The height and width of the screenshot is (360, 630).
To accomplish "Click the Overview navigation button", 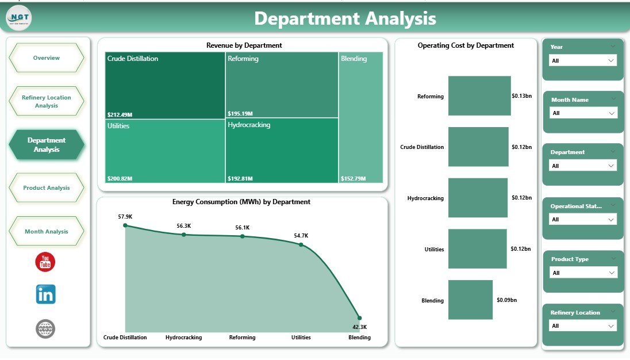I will pos(47,58).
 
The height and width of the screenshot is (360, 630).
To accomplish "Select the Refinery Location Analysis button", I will pos(47,101).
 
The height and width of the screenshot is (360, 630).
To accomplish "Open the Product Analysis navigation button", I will pos(47,188).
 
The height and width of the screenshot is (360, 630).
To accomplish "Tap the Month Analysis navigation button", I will pos(47,232).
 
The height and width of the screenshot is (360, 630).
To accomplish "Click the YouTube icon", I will pos(45,262).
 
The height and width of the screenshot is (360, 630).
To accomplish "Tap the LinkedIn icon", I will pos(45,294).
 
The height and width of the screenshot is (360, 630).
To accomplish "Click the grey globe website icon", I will pos(45,329).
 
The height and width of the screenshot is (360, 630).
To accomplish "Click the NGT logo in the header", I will pos(19,18).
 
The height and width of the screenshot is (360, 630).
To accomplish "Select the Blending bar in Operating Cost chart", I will pos(470,300).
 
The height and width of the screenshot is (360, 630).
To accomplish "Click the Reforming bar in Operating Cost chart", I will pos(479,95).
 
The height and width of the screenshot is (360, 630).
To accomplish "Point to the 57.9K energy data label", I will pos(125,217).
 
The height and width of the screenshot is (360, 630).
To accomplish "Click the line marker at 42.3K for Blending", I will pos(359,317).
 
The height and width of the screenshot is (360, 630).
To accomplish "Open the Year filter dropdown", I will pos(582,60).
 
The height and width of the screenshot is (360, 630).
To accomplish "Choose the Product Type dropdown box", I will pos(582,273).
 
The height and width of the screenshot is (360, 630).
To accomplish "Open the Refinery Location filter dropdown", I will pos(582,326).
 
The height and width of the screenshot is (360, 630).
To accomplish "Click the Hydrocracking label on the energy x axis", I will pos(183,338).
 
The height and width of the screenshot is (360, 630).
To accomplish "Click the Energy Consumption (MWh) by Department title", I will pos(241,202).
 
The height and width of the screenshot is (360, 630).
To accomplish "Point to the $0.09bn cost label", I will pos(506,300).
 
